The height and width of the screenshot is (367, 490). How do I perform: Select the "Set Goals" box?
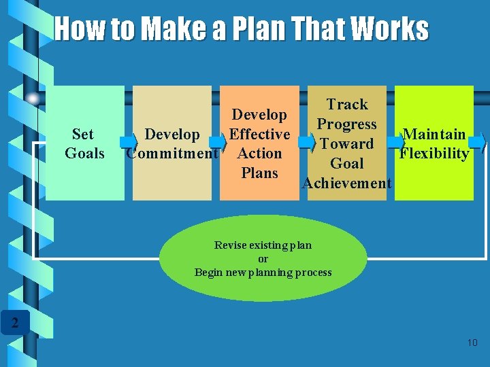84,143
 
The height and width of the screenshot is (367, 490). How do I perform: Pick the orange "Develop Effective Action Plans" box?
259,143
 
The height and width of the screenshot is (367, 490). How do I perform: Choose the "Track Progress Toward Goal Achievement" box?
347,143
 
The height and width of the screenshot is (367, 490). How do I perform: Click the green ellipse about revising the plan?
263,258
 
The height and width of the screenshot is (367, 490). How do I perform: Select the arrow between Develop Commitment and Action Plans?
217,142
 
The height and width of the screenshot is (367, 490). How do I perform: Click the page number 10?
472,343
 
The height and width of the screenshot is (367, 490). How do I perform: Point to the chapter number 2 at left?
14,322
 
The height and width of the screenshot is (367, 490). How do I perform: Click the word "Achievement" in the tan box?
347,183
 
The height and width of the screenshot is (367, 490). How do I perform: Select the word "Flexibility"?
434,154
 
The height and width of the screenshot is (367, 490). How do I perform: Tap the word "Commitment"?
173,154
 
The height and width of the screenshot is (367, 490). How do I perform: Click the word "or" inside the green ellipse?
263,259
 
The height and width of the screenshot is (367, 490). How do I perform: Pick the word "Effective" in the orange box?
259,134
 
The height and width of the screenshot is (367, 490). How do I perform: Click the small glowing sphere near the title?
33,99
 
